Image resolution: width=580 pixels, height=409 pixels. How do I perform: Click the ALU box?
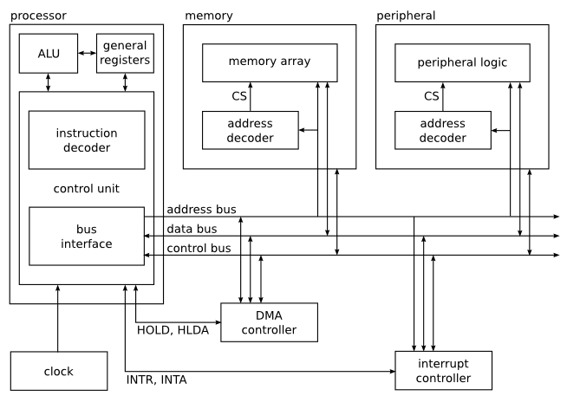click(x=49, y=53)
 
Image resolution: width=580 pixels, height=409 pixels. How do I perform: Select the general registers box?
click(x=125, y=53)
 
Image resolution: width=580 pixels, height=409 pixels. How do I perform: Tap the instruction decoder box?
click(x=87, y=140)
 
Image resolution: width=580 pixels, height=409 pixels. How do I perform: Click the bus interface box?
click(x=87, y=237)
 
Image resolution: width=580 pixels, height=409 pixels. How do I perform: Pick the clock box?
click(x=59, y=371)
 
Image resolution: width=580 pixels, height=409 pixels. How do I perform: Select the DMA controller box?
click(x=270, y=322)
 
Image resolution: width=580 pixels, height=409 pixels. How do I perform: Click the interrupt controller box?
click(x=444, y=371)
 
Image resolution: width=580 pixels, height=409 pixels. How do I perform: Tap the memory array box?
click(x=270, y=63)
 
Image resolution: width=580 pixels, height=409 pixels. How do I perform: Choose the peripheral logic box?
click(x=462, y=63)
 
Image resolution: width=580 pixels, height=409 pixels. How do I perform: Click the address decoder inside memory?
click(x=251, y=130)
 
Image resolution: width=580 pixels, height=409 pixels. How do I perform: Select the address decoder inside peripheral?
click(x=443, y=130)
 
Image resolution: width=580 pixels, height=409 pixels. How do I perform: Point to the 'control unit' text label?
click(x=87, y=189)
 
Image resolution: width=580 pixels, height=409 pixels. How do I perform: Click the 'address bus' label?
click(x=202, y=210)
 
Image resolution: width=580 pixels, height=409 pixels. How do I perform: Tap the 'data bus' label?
click(x=192, y=229)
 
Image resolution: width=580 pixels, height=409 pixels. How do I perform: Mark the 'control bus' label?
click(x=199, y=248)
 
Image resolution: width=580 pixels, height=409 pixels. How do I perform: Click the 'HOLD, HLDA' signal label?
click(x=173, y=330)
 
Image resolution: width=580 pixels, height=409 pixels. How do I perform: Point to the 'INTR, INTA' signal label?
click(x=156, y=380)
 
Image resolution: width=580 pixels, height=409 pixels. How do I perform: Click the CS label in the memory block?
click(x=239, y=96)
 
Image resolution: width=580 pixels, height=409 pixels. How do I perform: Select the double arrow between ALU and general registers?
click(x=88, y=53)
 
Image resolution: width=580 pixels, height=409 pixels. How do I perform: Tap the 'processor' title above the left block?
click(x=38, y=16)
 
